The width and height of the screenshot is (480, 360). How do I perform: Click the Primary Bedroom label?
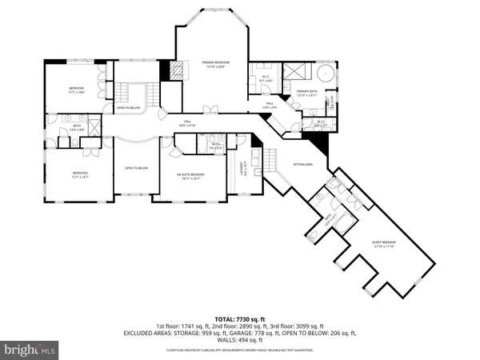coord(215,63)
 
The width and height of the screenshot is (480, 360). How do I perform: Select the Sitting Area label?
coord(302,162)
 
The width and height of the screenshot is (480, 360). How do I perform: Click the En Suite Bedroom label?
coord(191,176)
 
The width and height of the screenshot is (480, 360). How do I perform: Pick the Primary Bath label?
coord(307,93)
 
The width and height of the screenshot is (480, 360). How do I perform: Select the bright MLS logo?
coord(30,349)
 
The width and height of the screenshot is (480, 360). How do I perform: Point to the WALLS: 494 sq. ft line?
coord(240,338)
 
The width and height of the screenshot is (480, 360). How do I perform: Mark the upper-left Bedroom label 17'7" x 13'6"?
coord(76,90)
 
